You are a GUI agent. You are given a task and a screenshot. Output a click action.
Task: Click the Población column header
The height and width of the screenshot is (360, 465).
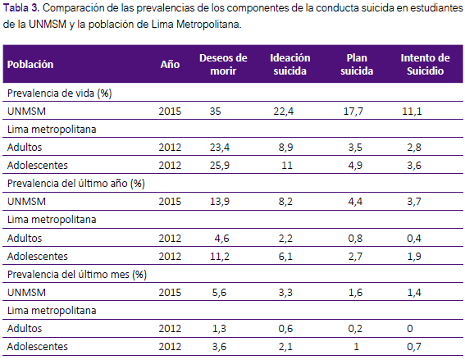[30, 64]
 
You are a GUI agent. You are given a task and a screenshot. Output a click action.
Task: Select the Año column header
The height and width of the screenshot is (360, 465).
[170, 64]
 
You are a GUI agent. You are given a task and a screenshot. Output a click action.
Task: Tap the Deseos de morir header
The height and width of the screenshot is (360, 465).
[223, 64]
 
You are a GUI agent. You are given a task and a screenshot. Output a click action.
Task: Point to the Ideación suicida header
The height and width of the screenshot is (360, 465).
[290, 64]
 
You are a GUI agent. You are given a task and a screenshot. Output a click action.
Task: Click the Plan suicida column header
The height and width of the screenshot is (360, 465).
[357, 64]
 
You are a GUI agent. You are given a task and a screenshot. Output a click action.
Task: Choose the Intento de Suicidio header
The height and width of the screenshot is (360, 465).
[426, 64]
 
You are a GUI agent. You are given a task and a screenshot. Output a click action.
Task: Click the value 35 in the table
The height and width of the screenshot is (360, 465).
[216, 112]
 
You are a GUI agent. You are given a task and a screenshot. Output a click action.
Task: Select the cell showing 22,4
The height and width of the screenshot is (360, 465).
[284, 112]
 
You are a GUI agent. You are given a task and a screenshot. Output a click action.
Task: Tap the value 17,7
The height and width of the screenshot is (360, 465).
[353, 112]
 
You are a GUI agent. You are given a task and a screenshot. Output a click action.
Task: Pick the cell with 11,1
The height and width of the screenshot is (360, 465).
[412, 112]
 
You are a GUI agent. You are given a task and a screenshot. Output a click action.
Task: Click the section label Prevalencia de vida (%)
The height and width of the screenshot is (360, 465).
[59, 93]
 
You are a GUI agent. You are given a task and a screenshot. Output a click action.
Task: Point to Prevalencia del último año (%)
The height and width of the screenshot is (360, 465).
[76, 184]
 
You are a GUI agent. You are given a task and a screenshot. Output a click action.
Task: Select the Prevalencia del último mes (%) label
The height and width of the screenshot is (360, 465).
[77, 275]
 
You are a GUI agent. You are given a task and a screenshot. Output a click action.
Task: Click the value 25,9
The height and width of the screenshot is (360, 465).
[220, 165]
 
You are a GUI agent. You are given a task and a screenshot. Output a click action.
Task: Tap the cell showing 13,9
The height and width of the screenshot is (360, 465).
[220, 202]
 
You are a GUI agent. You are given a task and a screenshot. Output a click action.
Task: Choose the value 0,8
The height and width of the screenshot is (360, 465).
[355, 239]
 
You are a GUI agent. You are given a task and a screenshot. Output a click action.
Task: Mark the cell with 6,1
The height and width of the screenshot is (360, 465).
[285, 257]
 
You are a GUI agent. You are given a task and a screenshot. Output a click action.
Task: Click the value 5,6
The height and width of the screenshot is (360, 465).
[219, 293]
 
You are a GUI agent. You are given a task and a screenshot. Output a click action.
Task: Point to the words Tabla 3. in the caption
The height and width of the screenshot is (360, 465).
[21, 8]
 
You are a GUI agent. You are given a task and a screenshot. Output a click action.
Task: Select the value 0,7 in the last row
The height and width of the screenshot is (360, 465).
[414, 347]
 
